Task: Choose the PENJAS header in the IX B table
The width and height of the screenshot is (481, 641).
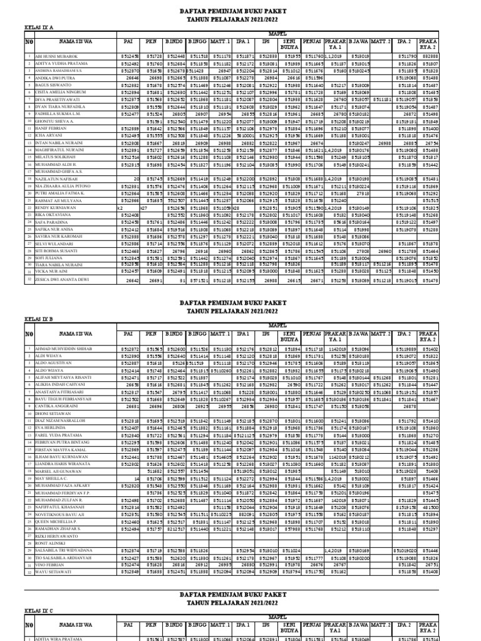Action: pyautogui.click(x=312, y=334)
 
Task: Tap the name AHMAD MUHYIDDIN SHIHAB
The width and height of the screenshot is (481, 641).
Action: pyautogui.click(x=63, y=348)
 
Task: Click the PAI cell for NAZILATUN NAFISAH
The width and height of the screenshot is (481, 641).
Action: pyautogui.click(x=135, y=179)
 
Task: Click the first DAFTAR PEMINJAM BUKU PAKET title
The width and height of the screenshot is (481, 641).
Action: pyautogui.click(x=240, y=11)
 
